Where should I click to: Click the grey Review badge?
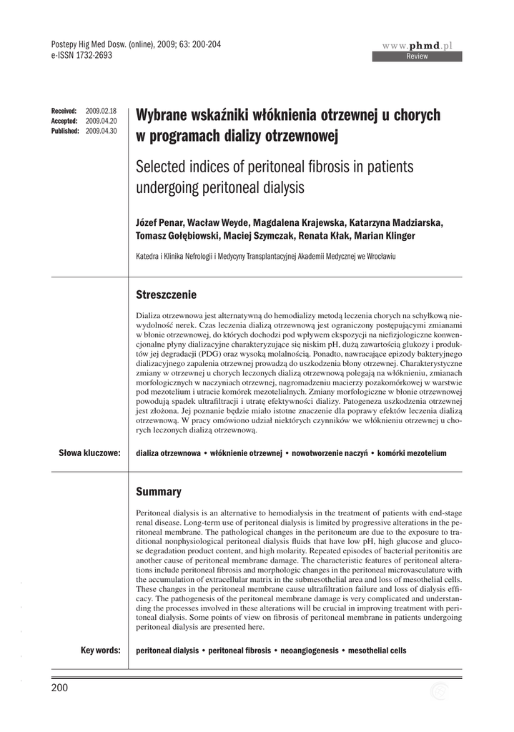(x=417, y=56)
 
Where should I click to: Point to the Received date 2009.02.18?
(x=101, y=112)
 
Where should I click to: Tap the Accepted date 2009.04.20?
(x=101, y=122)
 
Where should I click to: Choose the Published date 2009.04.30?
(x=101, y=132)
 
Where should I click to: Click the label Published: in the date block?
(x=65, y=132)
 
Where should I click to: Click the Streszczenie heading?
(x=166, y=295)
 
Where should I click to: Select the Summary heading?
(x=159, y=492)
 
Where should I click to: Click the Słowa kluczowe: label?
(x=89, y=453)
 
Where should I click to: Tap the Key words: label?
(x=100, y=651)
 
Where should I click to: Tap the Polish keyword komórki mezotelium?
(x=412, y=454)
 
